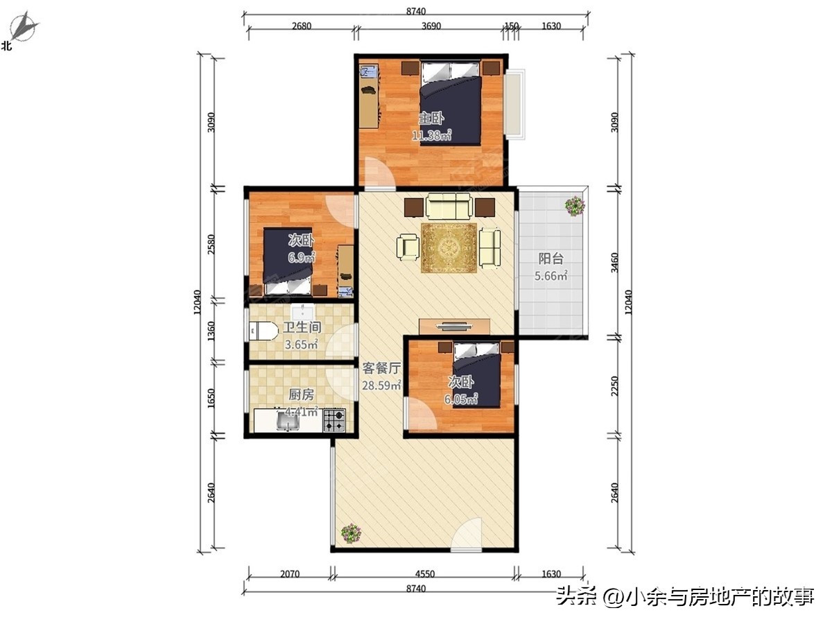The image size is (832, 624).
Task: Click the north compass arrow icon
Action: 26,27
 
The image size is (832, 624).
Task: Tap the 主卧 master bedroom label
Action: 431,119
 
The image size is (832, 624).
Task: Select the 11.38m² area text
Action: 432,135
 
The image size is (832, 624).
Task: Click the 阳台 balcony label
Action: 551,259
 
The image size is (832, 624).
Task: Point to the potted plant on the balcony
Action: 574,206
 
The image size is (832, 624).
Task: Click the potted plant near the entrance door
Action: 351,533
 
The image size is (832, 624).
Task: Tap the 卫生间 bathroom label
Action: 301,327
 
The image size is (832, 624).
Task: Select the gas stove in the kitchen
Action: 333,419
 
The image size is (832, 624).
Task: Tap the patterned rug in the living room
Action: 449,247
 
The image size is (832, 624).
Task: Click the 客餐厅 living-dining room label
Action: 381,368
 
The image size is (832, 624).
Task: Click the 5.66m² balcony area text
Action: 551,276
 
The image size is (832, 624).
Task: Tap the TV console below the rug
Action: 454,326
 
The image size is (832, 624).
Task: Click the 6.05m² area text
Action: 462,399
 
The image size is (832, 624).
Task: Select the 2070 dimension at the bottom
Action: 290,574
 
